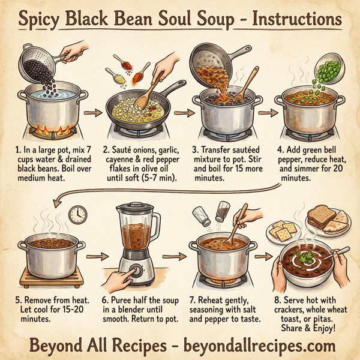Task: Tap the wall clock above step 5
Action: [x=77, y=215]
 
